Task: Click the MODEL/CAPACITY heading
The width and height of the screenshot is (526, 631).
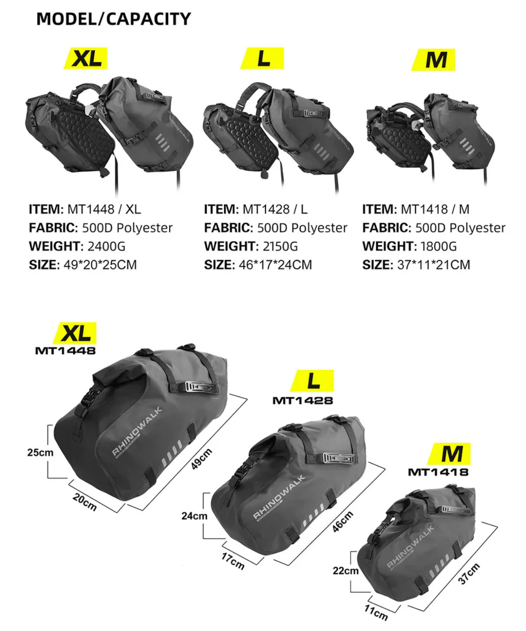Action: (114, 19)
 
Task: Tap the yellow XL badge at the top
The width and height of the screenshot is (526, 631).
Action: (86, 58)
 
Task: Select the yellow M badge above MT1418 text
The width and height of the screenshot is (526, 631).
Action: (449, 454)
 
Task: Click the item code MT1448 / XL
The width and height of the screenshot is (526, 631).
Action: (104, 209)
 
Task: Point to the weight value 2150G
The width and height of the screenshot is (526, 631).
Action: (280, 246)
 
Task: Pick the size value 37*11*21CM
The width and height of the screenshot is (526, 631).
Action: (433, 265)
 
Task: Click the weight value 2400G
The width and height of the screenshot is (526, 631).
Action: (106, 246)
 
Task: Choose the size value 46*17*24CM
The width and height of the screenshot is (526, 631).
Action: (275, 265)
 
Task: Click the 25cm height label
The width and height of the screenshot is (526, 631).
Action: (40, 452)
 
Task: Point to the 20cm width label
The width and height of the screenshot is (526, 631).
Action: (85, 502)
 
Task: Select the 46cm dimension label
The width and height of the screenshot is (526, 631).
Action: (343, 522)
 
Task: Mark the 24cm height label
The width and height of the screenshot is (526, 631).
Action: (194, 515)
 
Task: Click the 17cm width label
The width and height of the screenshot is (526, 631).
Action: (233, 561)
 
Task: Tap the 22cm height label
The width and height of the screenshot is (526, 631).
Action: (345, 570)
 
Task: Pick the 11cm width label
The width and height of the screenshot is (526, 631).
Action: (376, 612)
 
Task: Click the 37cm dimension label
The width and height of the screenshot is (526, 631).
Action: (469, 574)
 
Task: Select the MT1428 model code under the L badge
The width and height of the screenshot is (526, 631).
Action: (303, 400)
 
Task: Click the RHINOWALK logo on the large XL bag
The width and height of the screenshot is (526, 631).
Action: (137, 431)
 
